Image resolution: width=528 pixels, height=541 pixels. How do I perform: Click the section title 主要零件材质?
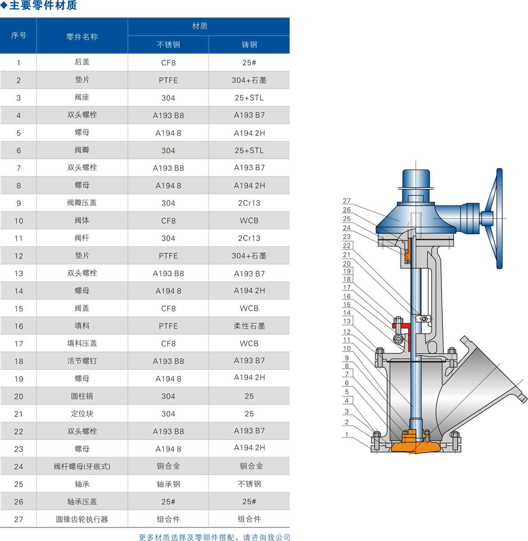point(43,5)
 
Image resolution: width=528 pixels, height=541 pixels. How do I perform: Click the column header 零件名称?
point(82,37)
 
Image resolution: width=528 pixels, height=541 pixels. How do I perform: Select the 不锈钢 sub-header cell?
point(168,45)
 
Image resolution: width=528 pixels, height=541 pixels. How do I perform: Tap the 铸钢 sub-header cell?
point(249,45)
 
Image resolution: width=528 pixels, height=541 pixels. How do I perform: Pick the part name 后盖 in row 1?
point(82,62)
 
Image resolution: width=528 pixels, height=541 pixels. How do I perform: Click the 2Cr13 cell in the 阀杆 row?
point(249,238)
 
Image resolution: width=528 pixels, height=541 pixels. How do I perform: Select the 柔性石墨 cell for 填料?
point(249,326)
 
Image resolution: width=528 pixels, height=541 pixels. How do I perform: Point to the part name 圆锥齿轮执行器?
point(82,519)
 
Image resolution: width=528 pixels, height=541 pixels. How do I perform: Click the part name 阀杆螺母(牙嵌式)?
point(82,467)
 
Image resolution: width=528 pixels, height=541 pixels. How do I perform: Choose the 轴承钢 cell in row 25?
point(168,484)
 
